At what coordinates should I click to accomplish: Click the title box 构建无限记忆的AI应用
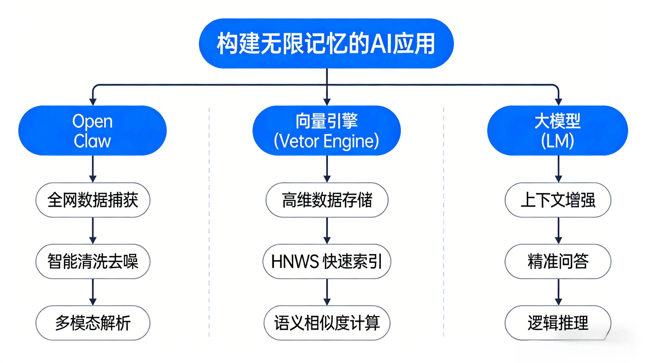click(326, 43)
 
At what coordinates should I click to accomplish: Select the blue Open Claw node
click(92, 131)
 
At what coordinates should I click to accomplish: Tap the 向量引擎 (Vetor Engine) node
click(327, 131)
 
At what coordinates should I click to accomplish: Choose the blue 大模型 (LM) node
click(557, 131)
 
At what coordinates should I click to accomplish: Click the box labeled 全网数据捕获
click(93, 200)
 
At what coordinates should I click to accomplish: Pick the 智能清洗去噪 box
click(93, 262)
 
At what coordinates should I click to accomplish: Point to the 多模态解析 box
click(93, 323)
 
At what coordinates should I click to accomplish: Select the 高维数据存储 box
click(327, 200)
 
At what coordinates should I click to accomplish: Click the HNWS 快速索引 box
click(327, 262)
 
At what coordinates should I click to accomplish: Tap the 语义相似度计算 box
click(327, 323)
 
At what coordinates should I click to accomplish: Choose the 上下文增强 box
click(558, 200)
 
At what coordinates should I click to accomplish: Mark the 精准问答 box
click(558, 262)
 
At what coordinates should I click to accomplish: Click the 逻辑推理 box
click(558, 323)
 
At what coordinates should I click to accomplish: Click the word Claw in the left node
click(92, 141)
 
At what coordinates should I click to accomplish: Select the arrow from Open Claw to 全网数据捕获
click(93, 168)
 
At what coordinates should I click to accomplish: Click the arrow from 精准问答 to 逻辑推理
click(558, 292)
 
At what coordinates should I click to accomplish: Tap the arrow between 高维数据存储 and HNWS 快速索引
click(327, 230)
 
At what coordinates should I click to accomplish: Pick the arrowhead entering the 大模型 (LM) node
click(558, 102)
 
